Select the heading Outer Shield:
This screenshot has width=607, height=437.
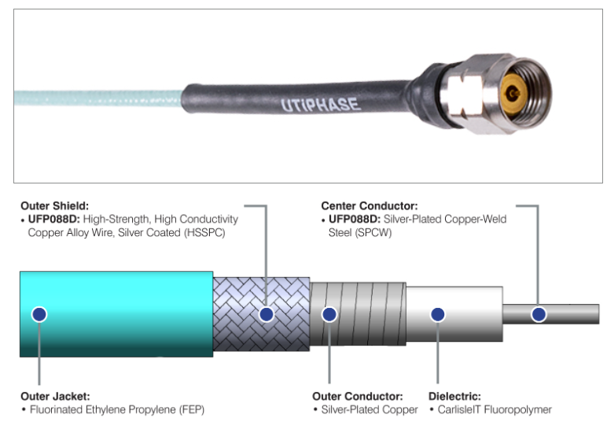pyautogui.click(x=54, y=206)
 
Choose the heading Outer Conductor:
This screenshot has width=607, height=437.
pyautogui.click(x=358, y=396)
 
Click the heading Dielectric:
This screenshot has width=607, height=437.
pyautogui.click(x=454, y=396)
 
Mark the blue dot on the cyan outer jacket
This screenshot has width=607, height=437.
pyautogui.click(x=39, y=314)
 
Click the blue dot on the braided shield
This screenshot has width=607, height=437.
pyautogui.click(x=267, y=314)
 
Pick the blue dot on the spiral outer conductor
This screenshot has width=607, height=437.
pyautogui.click(x=329, y=314)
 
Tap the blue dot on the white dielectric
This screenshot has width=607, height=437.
pyautogui.click(x=438, y=314)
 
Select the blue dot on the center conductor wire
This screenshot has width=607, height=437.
pyautogui.click(x=539, y=314)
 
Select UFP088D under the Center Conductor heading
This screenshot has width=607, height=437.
pyautogui.click(x=354, y=219)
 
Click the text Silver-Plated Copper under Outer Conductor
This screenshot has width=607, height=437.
pyautogui.click(x=362, y=409)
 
